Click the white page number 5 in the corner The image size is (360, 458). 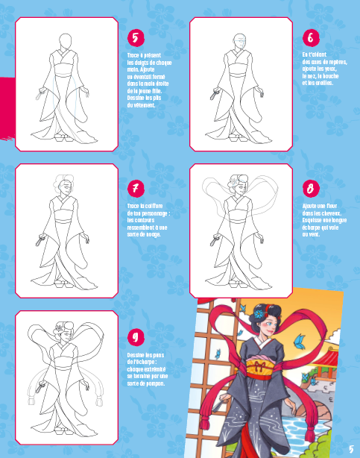pyautogui.click(x=350, y=448)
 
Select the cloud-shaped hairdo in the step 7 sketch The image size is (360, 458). pyautogui.click(x=64, y=182)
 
